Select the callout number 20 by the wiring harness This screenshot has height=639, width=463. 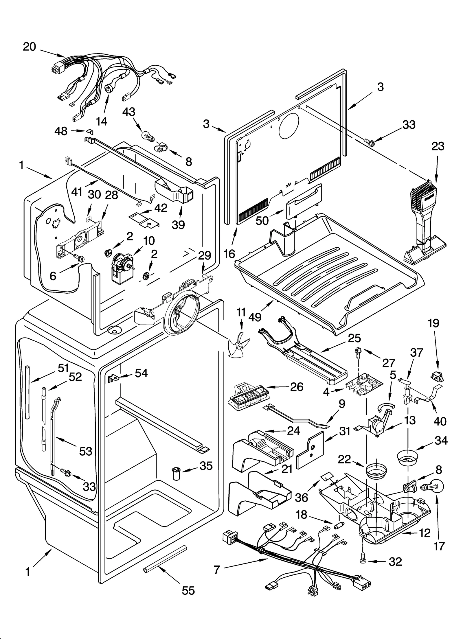[30, 47]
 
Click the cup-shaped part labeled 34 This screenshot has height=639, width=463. [407, 458]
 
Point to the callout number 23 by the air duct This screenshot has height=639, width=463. [438, 146]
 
